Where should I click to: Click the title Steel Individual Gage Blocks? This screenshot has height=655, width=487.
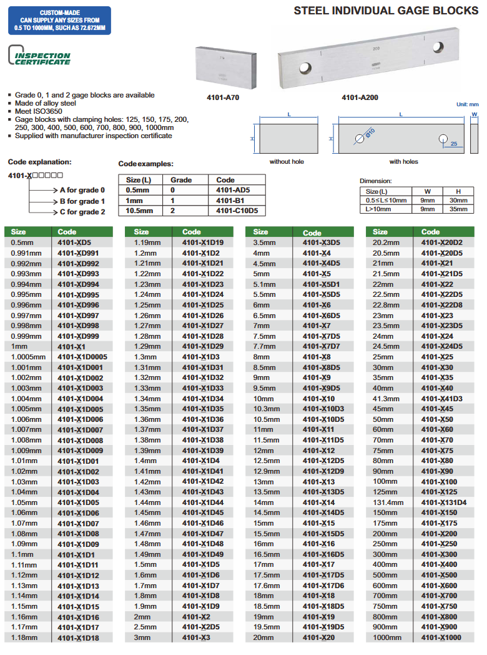(386, 11)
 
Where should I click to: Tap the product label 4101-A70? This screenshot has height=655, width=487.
(223, 98)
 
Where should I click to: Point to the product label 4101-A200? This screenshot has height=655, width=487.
(360, 98)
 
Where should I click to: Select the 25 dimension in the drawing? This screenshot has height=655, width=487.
(453, 144)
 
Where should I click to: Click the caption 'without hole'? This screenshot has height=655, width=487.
(287, 162)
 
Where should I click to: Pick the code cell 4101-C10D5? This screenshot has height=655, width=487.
(237, 211)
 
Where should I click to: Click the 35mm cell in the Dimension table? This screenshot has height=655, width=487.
(458, 209)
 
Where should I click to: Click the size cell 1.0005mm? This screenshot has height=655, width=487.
(29, 357)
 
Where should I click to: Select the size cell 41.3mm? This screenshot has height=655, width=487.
(386, 399)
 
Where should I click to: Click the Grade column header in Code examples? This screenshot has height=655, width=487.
(181, 180)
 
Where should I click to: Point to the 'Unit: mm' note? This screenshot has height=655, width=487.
(467, 104)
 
